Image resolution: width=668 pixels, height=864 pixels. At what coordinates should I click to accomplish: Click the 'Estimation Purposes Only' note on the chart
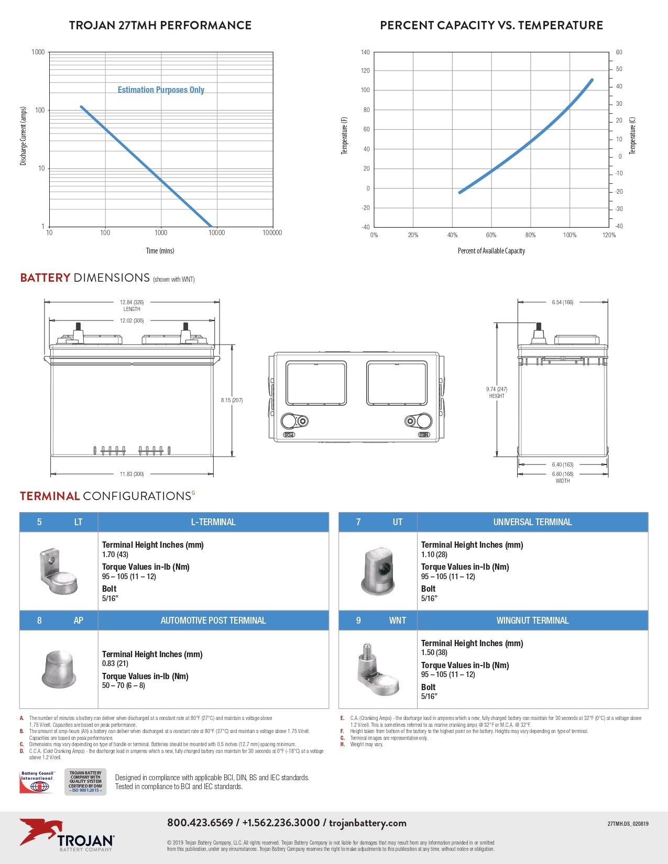161,90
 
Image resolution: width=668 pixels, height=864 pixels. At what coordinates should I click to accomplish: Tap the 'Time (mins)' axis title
160,251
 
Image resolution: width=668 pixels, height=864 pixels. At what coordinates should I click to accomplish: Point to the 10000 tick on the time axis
216,233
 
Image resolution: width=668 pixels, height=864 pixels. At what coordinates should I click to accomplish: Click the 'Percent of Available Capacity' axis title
491,251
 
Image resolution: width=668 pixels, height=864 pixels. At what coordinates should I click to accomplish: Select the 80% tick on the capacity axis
530,235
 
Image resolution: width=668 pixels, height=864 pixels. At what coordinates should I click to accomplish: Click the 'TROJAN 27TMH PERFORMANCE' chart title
160,25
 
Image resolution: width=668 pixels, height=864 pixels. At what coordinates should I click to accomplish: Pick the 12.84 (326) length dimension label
132,302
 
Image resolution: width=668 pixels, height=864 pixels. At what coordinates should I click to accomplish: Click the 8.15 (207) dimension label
232,400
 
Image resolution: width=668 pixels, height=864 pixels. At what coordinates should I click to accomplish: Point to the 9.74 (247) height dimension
496,390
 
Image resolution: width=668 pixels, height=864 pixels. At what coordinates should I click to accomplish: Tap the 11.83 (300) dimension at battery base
132,474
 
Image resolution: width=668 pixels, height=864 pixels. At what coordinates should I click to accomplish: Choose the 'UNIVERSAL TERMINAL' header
532,522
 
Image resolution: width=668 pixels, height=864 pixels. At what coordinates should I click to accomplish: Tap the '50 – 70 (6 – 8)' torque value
124,685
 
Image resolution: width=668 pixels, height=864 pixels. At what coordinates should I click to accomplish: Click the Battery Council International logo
37,782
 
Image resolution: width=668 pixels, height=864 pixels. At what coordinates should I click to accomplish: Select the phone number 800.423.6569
200,823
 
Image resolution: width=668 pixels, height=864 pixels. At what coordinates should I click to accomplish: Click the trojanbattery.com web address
368,823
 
